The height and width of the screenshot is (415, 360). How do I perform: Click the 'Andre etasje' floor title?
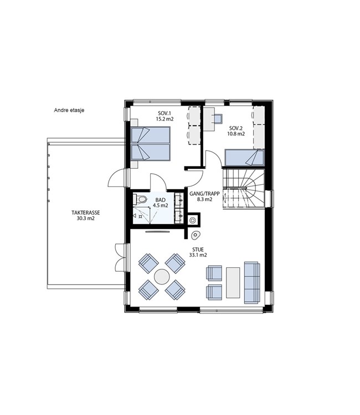point(69,110)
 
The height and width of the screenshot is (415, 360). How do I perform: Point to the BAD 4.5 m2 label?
point(161,203)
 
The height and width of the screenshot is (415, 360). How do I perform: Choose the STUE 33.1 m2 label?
point(198,252)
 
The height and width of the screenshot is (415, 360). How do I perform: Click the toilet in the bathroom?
point(140,199)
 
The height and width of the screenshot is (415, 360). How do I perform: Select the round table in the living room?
point(162,277)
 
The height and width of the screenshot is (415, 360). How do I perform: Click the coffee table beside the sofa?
point(233,282)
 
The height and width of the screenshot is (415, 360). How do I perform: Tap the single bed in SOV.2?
point(244,158)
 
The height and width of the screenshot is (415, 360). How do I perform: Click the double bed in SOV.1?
point(151,144)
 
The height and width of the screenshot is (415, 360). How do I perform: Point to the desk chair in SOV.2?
point(218,118)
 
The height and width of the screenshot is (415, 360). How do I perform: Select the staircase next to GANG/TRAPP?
point(244,189)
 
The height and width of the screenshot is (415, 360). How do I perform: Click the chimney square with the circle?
point(193,220)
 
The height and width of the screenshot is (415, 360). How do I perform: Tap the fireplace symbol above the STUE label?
point(196,235)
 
